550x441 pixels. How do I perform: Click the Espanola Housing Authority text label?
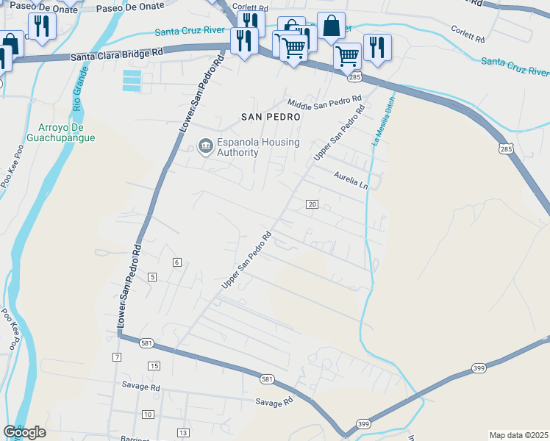tap(238, 147)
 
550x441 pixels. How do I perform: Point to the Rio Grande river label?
tap(78, 90)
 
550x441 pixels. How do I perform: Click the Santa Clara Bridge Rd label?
tap(117, 55)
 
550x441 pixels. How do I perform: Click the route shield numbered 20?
tap(312, 204)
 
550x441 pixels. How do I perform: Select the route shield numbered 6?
tap(177, 262)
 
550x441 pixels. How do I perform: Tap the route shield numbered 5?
tap(152, 276)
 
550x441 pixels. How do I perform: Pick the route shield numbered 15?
tap(154, 365)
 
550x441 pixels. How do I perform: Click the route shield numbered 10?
tap(148, 415)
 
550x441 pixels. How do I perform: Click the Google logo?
tap(24, 432)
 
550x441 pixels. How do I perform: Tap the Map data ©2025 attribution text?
tap(519, 435)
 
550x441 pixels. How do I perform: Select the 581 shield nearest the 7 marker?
tap(147, 343)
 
